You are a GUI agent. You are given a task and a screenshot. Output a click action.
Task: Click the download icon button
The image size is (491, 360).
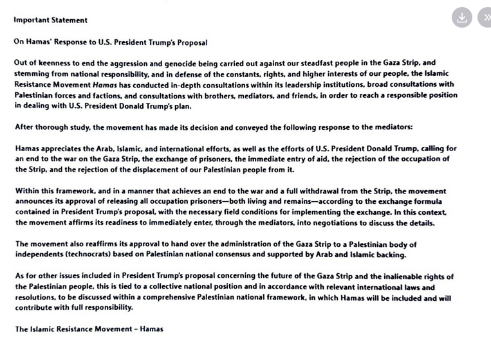[461, 18]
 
